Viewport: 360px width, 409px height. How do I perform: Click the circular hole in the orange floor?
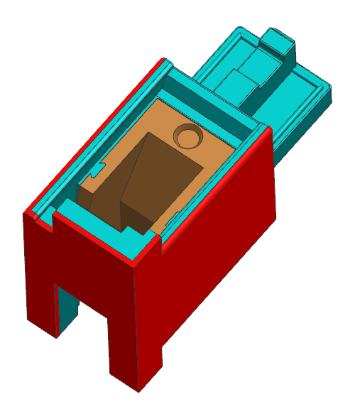coord(189,135)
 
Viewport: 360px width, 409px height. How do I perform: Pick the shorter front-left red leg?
coord(41,277)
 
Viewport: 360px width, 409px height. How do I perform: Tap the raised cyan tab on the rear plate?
coord(279,44)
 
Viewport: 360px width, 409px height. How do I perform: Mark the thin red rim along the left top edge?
coord(99,135)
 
